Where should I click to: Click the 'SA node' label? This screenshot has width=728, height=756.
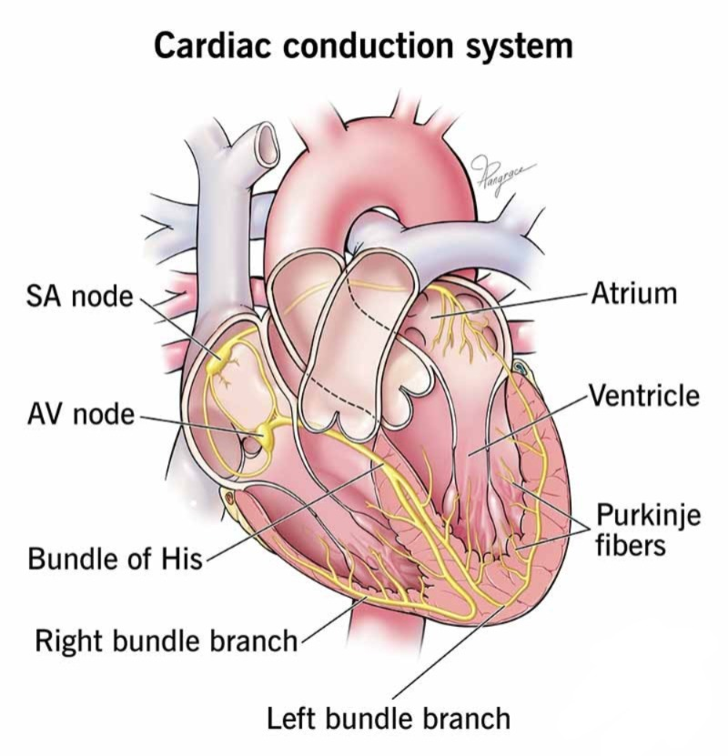(x=79, y=296)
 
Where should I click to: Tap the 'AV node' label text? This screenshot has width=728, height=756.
(x=81, y=415)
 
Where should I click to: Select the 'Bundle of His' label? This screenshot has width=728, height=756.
(x=116, y=559)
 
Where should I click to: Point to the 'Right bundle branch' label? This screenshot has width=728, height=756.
(x=167, y=641)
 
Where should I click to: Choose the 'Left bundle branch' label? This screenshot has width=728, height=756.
(x=389, y=719)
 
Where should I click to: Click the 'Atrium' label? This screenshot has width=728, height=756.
(x=634, y=294)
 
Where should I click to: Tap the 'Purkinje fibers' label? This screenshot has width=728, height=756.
(x=648, y=529)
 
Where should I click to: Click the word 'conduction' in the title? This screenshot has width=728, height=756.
(x=368, y=45)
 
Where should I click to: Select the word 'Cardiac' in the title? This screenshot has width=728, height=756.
(x=212, y=45)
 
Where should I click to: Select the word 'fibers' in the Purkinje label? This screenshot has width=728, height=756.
(x=631, y=546)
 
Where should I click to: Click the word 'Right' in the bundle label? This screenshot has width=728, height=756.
(x=71, y=641)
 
